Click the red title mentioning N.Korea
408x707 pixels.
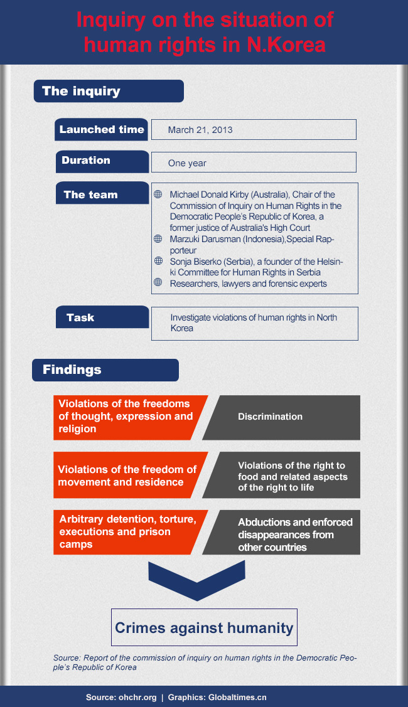coord(204,32)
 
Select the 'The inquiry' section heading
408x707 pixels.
coord(108,91)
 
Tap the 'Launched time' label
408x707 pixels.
coord(102,130)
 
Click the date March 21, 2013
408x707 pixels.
coord(200,130)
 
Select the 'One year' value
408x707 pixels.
coord(187,163)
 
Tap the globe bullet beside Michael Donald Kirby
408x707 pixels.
coord(158,195)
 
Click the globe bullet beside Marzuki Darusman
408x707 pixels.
coord(158,239)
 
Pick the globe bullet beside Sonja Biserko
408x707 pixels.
coord(158,261)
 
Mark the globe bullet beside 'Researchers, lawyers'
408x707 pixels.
coord(158,283)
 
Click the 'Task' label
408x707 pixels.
coord(102,317)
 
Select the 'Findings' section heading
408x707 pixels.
coord(105,370)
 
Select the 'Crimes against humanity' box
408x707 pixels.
coord(204,627)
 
